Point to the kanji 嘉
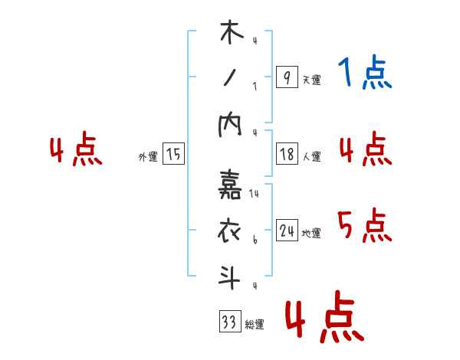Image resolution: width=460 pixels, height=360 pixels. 230,184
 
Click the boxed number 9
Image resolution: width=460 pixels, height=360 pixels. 287,78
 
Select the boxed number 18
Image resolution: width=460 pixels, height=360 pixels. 287,154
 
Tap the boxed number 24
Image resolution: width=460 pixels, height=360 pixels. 287,231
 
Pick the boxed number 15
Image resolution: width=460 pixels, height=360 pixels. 173,155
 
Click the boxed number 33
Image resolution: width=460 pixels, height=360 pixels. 229,322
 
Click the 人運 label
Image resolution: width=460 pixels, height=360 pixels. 311,156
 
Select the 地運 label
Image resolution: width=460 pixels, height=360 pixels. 311,233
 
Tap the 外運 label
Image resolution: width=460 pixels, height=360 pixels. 148,157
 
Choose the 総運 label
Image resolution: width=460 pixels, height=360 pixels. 254,325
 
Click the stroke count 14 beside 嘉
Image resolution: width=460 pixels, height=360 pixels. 254,194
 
